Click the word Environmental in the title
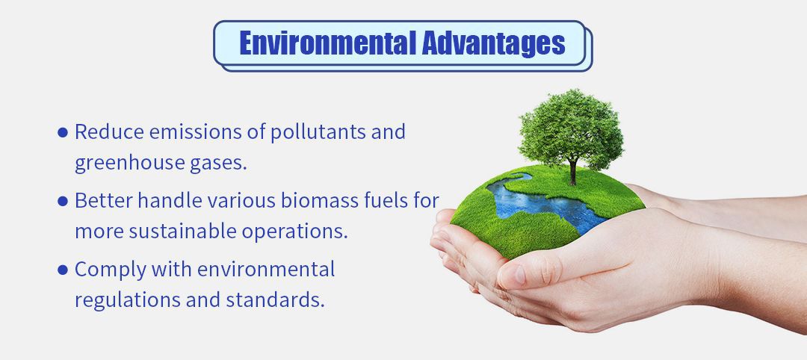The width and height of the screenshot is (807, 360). pyautogui.click(x=328, y=43)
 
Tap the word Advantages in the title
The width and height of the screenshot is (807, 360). pyautogui.click(x=494, y=44)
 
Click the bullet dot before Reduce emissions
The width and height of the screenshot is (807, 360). pyautogui.click(x=63, y=133)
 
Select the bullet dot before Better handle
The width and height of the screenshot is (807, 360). pyautogui.click(x=63, y=201)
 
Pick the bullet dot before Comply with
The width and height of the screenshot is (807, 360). pyautogui.click(x=63, y=270)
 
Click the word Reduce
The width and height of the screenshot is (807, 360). pyautogui.click(x=109, y=131)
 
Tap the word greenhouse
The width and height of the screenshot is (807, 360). pyautogui.click(x=130, y=164)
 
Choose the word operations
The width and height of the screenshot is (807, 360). pyautogui.click(x=295, y=232)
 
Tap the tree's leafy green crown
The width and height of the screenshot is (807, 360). pyautogui.click(x=572, y=128)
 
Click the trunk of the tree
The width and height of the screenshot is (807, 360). pyautogui.click(x=573, y=173)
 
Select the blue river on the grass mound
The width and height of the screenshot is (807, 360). pyautogui.click(x=545, y=203)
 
